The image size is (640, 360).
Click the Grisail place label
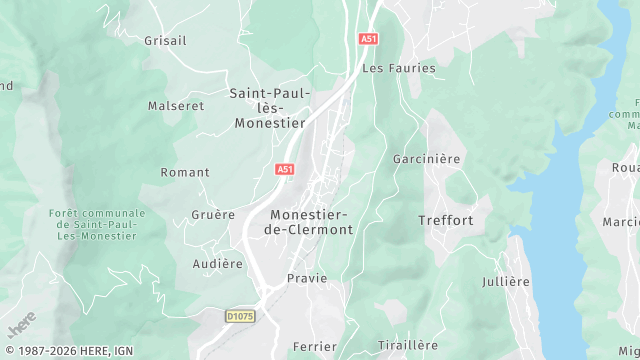pos(166,41)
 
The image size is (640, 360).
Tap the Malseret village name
pos(176,105)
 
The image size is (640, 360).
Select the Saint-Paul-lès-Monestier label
pos(268,108)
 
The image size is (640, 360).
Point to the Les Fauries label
pos(399,68)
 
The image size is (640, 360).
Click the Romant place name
pos(185,172)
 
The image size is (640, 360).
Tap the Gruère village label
pos(213,214)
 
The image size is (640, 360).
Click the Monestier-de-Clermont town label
pos(308,222)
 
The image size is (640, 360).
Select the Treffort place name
pos(446,220)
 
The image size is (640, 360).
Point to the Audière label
pos(218,264)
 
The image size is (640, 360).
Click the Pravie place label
pos(307,278)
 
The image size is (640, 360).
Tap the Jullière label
pos(505,281)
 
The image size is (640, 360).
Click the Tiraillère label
pos(408,345)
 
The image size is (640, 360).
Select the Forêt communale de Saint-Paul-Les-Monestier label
pos(97,224)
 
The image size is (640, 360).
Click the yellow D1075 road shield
pos(240,316)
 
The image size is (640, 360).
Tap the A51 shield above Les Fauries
pos(369,38)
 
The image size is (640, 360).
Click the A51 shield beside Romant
pos(285,170)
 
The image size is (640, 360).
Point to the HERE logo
pos(20,324)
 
